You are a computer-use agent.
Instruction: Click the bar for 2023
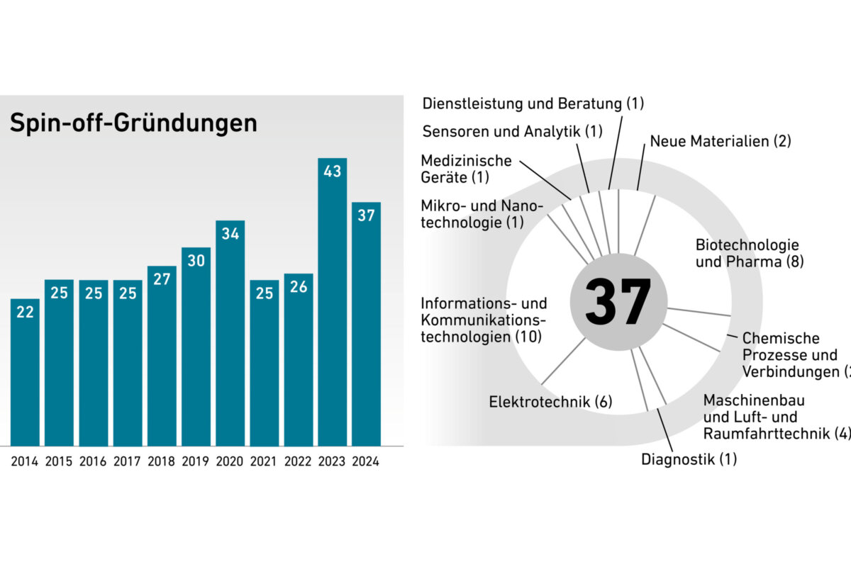pyautogui.click(x=332, y=305)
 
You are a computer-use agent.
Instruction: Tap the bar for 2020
pyautogui.click(x=230, y=333)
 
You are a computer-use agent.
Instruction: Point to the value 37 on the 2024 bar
pyautogui.click(x=366, y=215)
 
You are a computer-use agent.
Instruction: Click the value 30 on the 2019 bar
pyautogui.click(x=196, y=261)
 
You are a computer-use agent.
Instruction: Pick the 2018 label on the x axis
pyautogui.click(x=162, y=461)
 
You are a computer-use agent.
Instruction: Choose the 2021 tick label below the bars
pyautogui.click(x=264, y=461)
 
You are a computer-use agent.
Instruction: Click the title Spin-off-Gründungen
pyautogui.click(x=133, y=123)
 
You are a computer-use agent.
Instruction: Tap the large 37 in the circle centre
pyautogui.click(x=618, y=302)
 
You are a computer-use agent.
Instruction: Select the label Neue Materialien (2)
pyautogui.click(x=720, y=141)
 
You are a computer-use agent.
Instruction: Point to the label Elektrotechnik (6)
pyautogui.click(x=550, y=403)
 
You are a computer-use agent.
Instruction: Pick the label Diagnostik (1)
pyautogui.click(x=689, y=459)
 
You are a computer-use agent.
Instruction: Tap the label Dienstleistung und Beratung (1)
pyautogui.click(x=533, y=103)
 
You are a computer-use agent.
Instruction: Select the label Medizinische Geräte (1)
pyautogui.click(x=466, y=169)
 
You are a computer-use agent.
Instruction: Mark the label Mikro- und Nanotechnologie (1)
pyautogui.click(x=482, y=214)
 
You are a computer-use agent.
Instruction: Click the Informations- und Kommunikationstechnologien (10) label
pyautogui.click(x=484, y=320)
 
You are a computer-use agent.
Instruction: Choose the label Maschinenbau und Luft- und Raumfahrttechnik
pyautogui.click(x=773, y=417)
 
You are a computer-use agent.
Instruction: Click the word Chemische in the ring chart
pyautogui.click(x=781, y=338)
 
